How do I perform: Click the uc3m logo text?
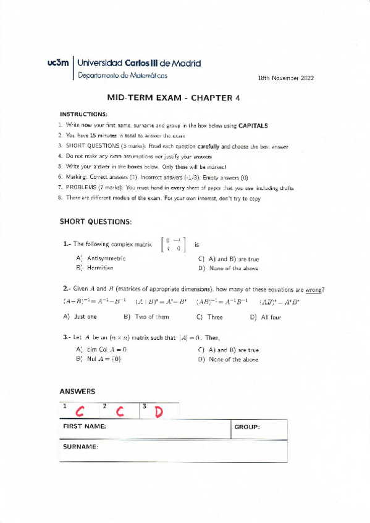point(59,63)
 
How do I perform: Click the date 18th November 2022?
point(286,79)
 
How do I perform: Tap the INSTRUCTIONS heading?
point(83,114)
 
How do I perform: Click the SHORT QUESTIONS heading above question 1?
point(96,221)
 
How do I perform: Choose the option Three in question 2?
point(214,317)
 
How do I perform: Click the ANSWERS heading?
point(77,392)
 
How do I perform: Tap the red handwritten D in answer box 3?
point(159,411)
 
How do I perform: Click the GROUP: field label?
point(247,427)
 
